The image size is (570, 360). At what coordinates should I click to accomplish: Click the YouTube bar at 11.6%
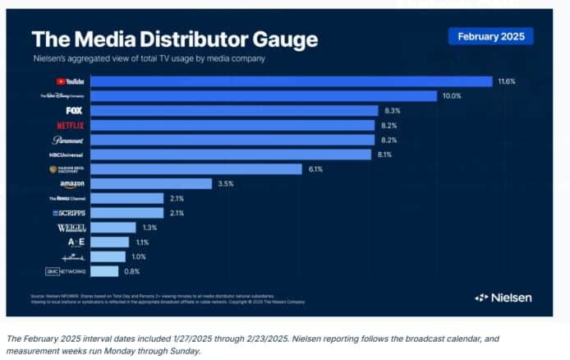click(x=291, y=81)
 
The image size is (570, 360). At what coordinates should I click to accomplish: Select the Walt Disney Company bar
click(x=263, y=96)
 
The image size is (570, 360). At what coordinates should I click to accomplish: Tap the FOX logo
click(x=73, y=111)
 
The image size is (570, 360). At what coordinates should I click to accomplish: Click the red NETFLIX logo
click(x=71, y=126)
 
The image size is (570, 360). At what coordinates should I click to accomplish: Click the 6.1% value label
click(x=316, y=168)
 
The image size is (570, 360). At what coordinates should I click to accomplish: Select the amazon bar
click(x=151, y=183)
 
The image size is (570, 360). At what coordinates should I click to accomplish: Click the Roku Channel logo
click(x=68, y=198)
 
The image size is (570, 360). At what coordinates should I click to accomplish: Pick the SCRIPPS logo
click(x=69, y=213)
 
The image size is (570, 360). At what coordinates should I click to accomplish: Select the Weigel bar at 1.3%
click(x=113, y=228)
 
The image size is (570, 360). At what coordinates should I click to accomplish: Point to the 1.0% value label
click(x=138, y=256)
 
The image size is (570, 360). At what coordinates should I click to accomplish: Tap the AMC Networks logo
click(x=66, y=271)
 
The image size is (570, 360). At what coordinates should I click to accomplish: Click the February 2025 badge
click(x=490, y=36)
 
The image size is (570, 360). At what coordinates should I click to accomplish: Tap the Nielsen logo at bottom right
click(x=503, y=297)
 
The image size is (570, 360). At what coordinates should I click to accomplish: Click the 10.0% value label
click(x=452, y=96)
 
